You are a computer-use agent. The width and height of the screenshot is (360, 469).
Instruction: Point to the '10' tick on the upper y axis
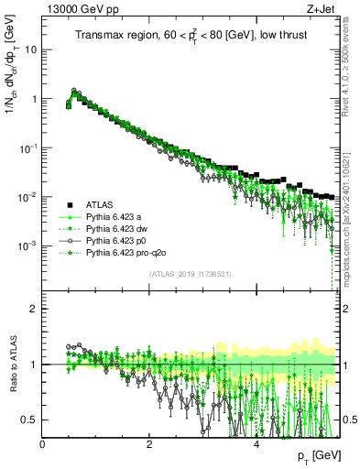pyautogui.click(x=32, y=49)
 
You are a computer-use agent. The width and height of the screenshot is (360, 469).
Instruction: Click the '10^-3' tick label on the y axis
pyautogui.click(x=29, y=245)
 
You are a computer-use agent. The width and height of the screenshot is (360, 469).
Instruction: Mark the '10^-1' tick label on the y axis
pyautogui.click(x=29, y=147)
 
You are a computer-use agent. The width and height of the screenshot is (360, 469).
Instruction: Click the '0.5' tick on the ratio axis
pyautogui.click(x=30, y=420)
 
